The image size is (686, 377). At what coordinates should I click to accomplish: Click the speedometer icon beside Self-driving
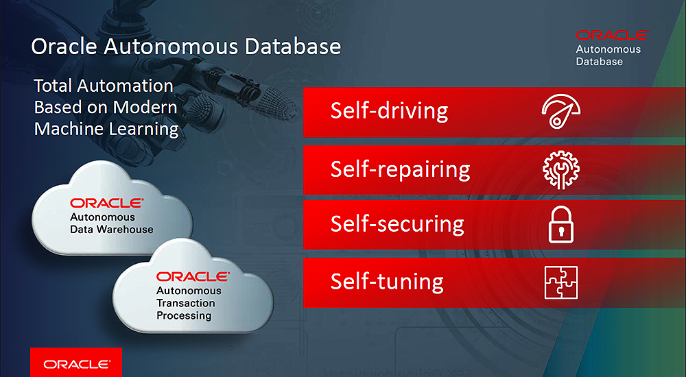coord(560,111)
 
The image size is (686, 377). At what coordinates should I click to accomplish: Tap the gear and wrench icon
coord(561,170)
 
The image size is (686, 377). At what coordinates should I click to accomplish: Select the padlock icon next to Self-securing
coord(561,225)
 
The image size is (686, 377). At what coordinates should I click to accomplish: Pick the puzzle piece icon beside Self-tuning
coord(561,282)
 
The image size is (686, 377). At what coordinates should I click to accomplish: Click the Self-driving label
coord(389,110)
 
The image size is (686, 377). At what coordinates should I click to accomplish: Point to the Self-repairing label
coord(401,170)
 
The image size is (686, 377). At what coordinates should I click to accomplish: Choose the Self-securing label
coord(397,224)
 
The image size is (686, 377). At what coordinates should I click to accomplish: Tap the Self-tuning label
coord(387,281)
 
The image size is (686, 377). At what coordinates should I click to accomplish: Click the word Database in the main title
coord(293,47)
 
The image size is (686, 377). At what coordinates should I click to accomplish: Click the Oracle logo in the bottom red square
coord(77,364)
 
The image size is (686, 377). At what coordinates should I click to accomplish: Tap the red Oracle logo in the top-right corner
coord(612,35)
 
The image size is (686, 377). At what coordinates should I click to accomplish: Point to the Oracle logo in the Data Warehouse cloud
coord(107,203)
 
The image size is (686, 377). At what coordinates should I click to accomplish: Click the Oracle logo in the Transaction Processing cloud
coord(193,276)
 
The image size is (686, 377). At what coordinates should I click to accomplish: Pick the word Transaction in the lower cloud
coord(185,303)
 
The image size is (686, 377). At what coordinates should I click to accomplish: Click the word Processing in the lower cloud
coord(184,316)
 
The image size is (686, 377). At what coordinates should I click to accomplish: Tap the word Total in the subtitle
coord(54,86)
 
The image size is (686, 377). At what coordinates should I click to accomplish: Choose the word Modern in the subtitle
coord(145,107)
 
